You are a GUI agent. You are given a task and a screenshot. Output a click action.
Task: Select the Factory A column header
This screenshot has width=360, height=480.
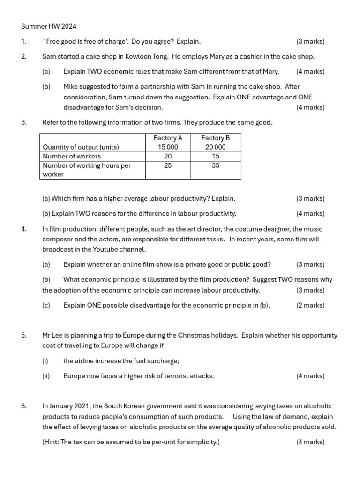tap(168, 138)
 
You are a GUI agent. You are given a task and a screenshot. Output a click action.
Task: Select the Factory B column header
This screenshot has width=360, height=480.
tap(216, 138)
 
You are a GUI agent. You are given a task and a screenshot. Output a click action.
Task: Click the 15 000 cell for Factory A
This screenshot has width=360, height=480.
tap(168, 147)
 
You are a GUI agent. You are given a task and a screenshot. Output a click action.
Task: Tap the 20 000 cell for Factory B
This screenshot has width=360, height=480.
tap(216, 147)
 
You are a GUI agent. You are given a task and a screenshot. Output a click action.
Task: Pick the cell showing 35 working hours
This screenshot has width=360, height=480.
tap(216, 165)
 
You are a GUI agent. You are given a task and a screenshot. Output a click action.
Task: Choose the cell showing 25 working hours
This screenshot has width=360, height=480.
tap(168, 165)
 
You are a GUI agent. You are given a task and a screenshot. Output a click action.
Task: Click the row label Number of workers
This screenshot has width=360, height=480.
tap(72, 156)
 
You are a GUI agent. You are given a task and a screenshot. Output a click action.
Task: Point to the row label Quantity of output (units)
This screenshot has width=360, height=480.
tap(81, 147)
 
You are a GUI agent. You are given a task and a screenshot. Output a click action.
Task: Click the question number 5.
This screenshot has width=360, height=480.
tap(23, 336)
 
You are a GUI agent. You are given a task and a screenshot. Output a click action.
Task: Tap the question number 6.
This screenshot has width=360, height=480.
tap(23, 406)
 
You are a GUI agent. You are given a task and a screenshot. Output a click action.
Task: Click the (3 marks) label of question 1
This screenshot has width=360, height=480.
tap(310, 42)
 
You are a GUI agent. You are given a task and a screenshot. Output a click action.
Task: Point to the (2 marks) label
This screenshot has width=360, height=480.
tap(310, 305)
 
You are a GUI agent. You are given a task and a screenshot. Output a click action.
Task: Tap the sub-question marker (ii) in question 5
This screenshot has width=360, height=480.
tap(45, 376)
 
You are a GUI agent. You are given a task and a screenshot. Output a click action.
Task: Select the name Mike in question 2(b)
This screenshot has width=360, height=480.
tap(71, 87)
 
